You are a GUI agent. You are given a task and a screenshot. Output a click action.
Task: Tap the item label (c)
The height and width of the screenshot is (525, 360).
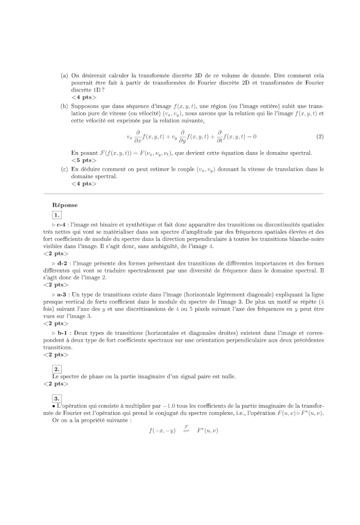coord(64,170)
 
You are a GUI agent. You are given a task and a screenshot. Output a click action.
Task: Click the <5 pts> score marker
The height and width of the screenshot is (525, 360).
coord(83,160)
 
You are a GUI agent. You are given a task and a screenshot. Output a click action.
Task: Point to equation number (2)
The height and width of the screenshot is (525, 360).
coord(320,136)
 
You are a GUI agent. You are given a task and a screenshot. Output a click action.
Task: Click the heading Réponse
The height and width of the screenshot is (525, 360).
coord(65,205)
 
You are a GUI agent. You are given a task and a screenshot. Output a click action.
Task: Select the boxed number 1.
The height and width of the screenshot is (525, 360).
coord(57,215)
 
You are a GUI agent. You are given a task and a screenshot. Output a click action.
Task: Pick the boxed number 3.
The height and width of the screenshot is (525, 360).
coord(57,398)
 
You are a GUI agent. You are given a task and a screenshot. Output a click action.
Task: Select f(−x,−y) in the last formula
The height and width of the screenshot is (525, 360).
coord(162,431)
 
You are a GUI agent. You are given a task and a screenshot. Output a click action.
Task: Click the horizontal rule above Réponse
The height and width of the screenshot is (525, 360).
coord(179,194)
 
